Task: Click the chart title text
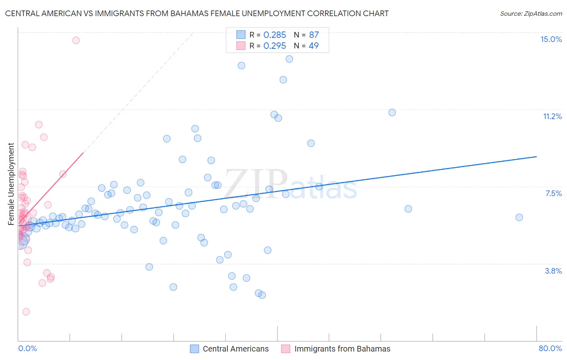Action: (197, 13)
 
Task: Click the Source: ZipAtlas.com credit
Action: (531, 13)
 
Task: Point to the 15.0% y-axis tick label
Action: (551, 39)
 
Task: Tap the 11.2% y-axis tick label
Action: (552, 117)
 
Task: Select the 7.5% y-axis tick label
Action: (553, 194)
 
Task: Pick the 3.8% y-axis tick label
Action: (553, 271)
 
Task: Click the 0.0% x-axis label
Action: (27, 348)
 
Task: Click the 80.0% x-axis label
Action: (550, 348)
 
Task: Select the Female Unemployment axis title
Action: (11, 184)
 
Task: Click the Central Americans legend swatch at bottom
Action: (194, 349)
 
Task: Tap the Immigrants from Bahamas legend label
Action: (342, 349)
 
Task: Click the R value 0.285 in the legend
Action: (275, 35)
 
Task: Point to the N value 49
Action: (313, 46)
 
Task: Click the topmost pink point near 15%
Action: (76, 40)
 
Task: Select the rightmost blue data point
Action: (519, 218)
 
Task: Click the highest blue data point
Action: (289, 59)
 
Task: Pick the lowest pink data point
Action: (26, 312)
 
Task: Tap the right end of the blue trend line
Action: (536, 157)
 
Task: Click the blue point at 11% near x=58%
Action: (392, 113)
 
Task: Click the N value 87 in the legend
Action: (314, 35)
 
